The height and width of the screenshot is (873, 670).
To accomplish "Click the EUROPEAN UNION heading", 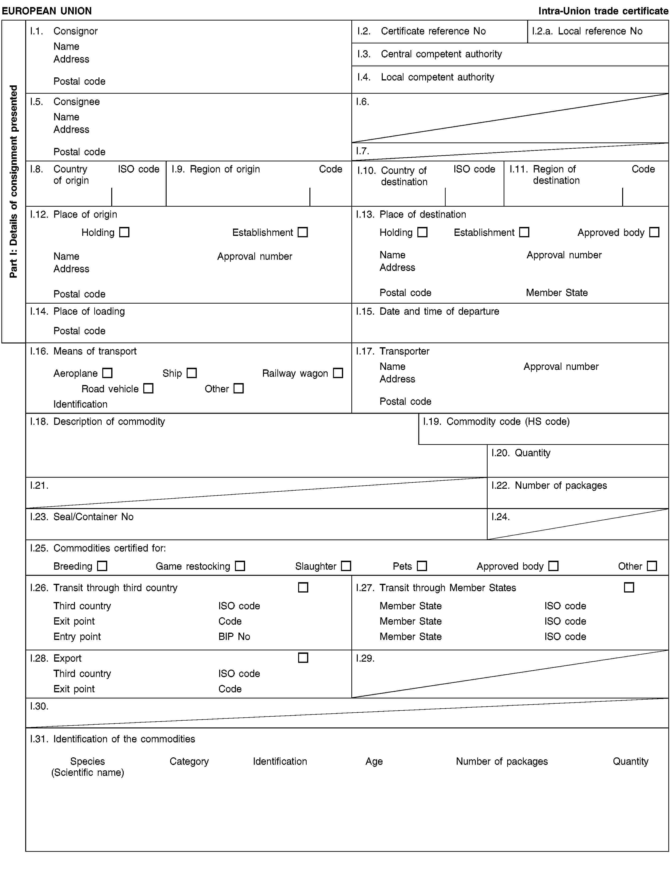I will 47,11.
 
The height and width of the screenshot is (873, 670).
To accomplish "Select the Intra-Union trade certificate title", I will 603,11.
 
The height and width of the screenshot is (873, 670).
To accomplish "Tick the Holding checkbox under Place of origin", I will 124,232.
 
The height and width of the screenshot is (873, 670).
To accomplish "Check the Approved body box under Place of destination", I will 654,232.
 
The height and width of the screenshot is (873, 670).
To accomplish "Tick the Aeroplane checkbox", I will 107,373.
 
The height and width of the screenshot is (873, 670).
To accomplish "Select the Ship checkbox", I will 192,373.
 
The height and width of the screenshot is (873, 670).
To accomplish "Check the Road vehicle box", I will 148,388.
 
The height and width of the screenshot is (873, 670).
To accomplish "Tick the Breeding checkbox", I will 102,566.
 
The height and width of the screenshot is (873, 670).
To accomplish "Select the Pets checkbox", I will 422,566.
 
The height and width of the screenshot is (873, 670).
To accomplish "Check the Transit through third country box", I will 303,588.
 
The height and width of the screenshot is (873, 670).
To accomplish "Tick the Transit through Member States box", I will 629,588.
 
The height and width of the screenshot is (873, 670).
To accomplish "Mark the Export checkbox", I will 303,658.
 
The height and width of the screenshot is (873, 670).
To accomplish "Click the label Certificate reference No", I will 433,31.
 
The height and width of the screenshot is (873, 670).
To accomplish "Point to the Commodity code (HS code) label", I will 508,422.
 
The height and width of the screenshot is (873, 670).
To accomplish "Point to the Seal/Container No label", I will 93,517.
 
